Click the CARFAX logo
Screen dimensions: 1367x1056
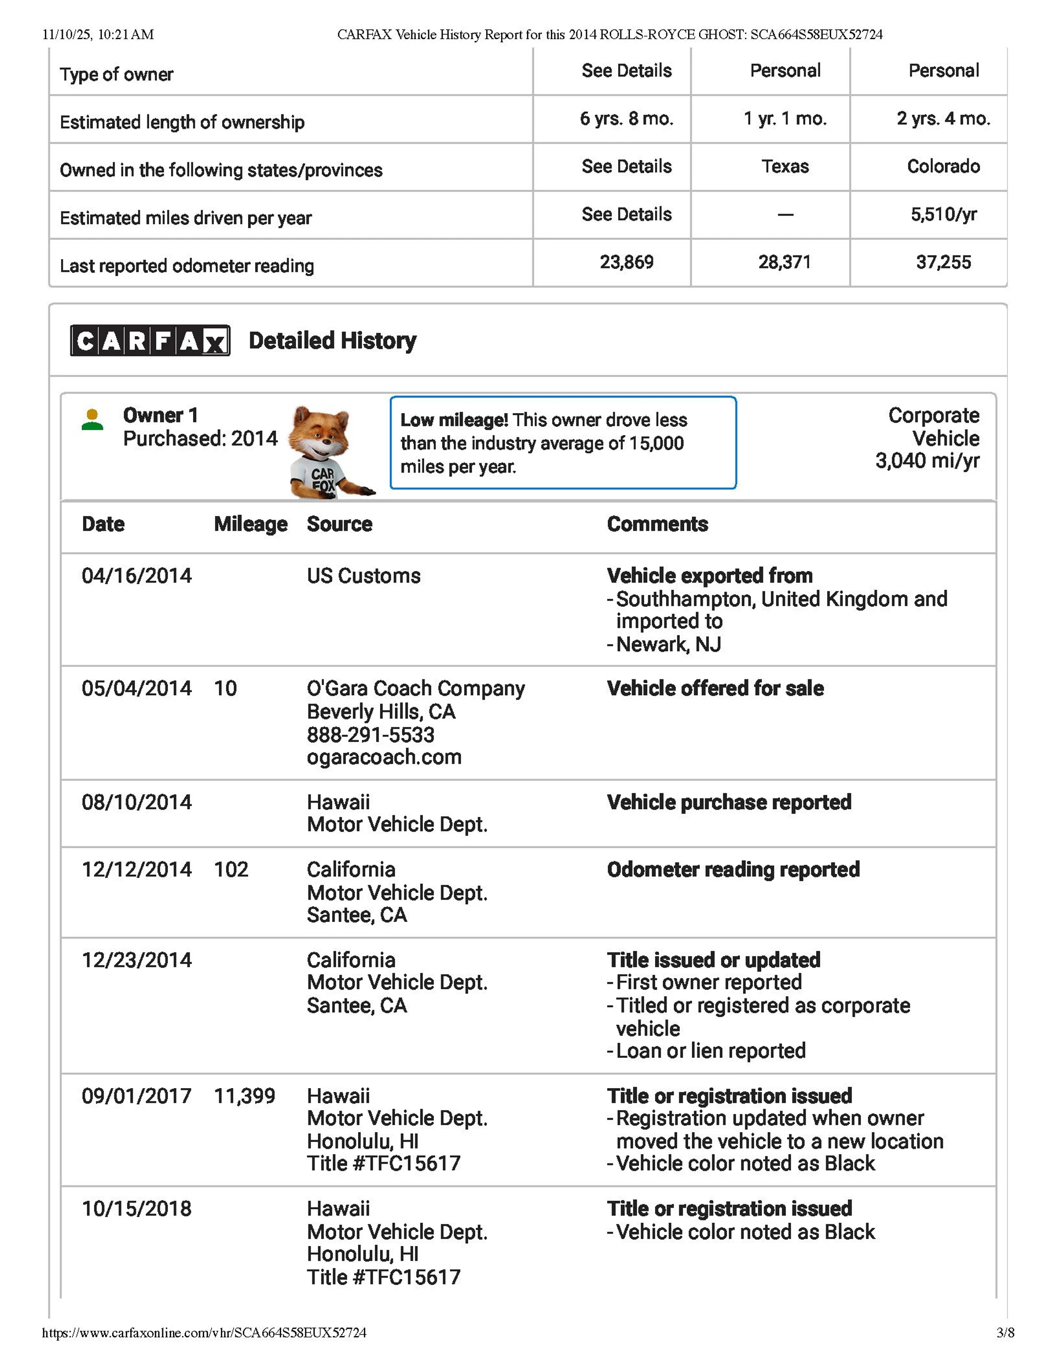pyautogui.click(x=150, y=341)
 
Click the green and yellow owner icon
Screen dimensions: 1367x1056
pyautogui.click(x=92, y=419)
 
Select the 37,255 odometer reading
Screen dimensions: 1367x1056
pyautogui.click(x=943, y=262)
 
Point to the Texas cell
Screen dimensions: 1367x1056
pyautogui.click(x=785, y=167)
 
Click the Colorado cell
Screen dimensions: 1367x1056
pyautogui.click(x=943, y=167)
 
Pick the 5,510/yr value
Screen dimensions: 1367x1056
pyautogui.click(x=943, y=215)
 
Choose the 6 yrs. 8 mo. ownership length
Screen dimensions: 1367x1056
pyautogui.click(x=626, y=119)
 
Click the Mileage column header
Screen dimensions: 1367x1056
pyautogui.click(x=250, y=524)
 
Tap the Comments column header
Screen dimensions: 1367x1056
pyautogui.click(x=657, y=524)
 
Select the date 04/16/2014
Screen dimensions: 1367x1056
pyautogui.click(x=136, y=576)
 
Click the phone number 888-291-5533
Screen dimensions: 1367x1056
pyautogui.click(x=371, y=735)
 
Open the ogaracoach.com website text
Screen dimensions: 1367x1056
pyautogui.click(x=384, y=757)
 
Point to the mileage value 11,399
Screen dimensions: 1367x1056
pyautogui.click(x=244, y=1096)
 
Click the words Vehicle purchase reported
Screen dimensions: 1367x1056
pyautogui.click(x=729, y=803)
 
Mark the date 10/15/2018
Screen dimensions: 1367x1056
pyautogui.click(x=136, y=1209)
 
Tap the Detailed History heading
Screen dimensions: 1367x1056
pyautogui.click(x=332, y=341)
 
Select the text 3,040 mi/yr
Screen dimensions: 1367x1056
pyautogui.click(x=927, y=462)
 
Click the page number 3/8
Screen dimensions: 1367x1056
pyautogui.click(x=1005, y=1333)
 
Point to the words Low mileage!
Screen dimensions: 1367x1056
pyautogui.click(x=454, y=420)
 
